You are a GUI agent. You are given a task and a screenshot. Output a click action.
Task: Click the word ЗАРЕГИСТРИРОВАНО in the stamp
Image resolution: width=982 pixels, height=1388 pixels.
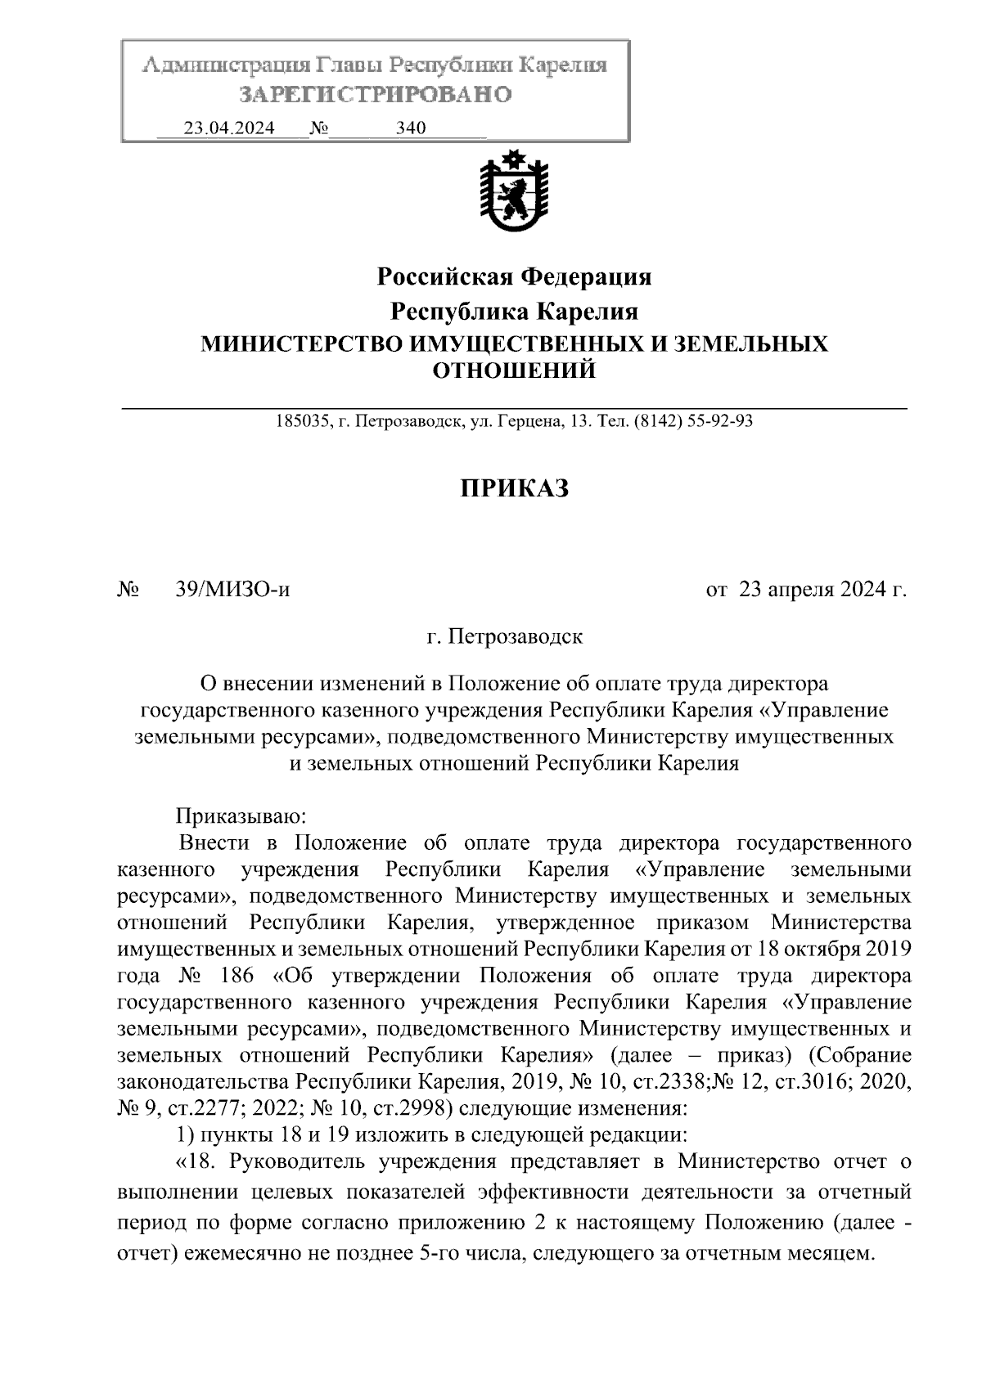[x=376, y=95]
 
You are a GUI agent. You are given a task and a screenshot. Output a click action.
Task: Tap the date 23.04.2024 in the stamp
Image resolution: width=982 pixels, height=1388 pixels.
[x=229, y=128]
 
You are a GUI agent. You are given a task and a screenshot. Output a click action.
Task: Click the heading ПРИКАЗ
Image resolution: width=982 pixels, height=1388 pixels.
[x=514, y=489]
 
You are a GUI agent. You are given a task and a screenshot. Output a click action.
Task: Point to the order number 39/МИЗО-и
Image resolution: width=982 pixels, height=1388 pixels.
[x=232, y=590]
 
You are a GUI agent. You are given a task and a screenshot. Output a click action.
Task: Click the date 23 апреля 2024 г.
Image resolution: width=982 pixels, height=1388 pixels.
[x=822, y=590]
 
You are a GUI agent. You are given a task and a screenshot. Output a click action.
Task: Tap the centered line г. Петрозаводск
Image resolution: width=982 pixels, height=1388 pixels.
[x=505, y=636]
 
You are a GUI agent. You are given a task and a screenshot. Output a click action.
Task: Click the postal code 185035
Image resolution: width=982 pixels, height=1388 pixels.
[x=302, y=422]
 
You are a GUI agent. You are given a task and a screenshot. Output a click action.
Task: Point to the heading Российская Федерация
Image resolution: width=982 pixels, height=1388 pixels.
[x=514, y=277]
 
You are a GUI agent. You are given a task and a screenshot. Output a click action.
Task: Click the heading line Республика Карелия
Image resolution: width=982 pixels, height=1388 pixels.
[x=514, y=312]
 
